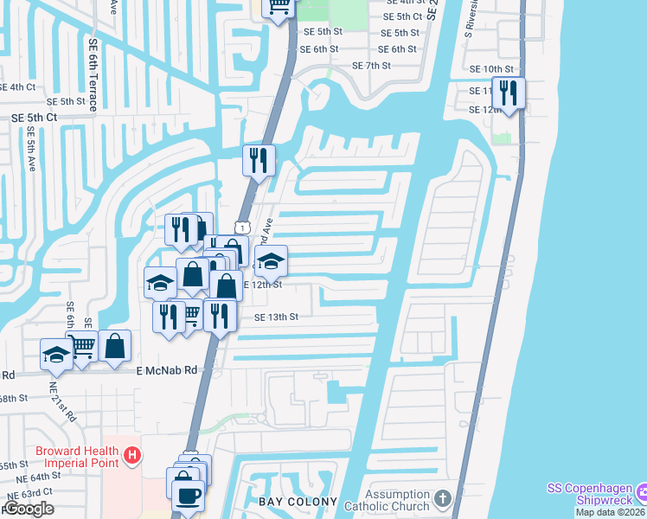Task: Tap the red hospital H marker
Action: (131, 454)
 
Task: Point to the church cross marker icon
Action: (443, 499)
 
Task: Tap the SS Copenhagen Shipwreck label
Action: (589, 495)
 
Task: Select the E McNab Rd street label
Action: (167, 369)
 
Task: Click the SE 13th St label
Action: (276, 317)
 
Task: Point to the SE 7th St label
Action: (372, 66)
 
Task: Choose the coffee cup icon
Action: (187, 497)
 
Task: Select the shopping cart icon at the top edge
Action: (279, 7)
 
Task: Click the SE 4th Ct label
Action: (17, 87)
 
